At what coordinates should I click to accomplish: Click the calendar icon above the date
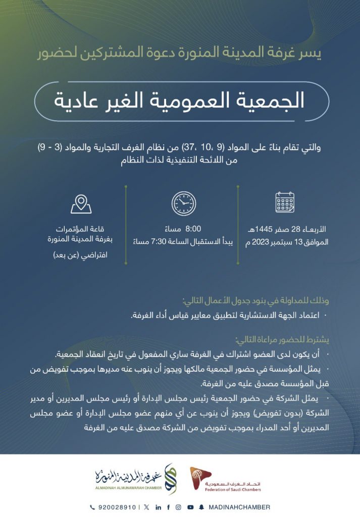pos(285,202)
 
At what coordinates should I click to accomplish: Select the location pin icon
pos(81,203)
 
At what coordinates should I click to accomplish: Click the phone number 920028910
pos(119,507)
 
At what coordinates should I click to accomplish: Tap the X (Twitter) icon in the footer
pos(146,507)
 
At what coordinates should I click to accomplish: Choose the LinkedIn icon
pos(158,507)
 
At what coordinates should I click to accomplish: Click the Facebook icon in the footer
pos(168,507)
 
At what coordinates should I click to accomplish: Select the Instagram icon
pos(178,507)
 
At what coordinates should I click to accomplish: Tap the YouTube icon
pos(190,507)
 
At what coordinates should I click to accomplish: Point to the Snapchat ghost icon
pos(201,507)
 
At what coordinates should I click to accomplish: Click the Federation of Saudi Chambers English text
pos(236,489)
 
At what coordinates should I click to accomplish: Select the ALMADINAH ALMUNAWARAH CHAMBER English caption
pos(129,489)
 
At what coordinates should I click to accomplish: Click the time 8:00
pos(194,228)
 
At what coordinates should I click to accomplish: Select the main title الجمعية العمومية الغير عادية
pos(179,99)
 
